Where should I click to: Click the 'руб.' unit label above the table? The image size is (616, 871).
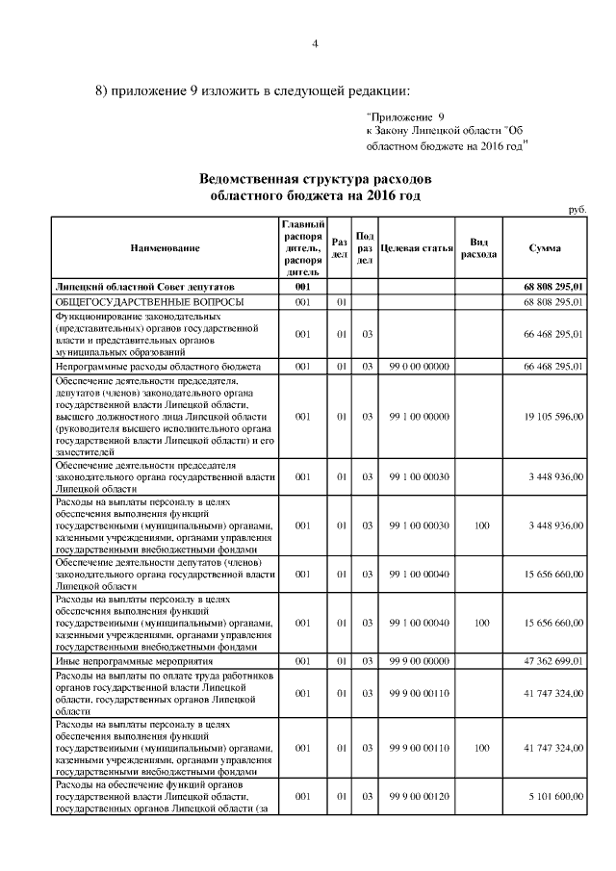click(577, 209)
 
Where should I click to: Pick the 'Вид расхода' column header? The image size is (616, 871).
click(478, 248)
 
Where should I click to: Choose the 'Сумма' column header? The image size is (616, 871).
click(546, 248)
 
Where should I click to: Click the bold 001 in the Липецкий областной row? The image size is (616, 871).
click(302, 287)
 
